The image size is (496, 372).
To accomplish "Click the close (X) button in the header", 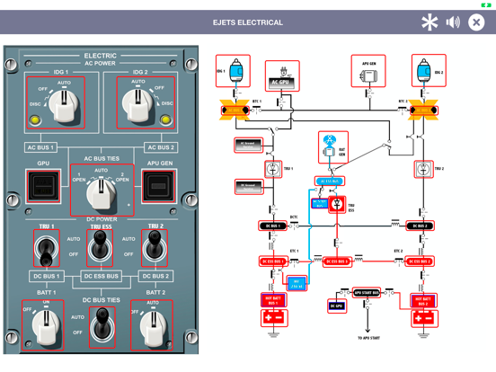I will pyautogui.click(x=476, y=22).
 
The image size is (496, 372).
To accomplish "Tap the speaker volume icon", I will pyautogui.click(x=453, y=22).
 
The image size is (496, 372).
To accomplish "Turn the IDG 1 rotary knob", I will pyautogui.click(x=60, y=107).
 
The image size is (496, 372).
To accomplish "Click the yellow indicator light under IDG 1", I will pyautogui.click(x=36, y=118).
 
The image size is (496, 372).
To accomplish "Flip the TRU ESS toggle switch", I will pyautogui.click(x=101, y=245).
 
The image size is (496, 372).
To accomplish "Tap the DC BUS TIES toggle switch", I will pyautogui.click(x=101, y=325).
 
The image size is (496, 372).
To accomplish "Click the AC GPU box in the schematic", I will pyautogui.click(x=282, y=76).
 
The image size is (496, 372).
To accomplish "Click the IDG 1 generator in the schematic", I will pyautogui.click(x=234, y=71).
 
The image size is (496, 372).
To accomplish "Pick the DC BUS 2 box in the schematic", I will pyautogui.click(x=421, y=226).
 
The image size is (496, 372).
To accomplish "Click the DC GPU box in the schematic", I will pyautogui.click(x=337, y=306).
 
